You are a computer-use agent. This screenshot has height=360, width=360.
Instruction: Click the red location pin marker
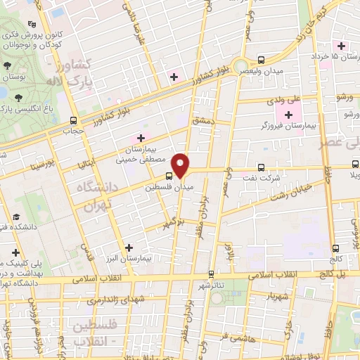coord(181,165)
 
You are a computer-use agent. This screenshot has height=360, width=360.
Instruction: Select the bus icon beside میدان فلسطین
coord(169,176)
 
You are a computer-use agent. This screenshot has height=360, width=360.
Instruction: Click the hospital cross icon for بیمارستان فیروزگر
coord(288,113)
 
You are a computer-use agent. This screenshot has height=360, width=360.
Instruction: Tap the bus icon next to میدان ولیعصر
coord(262,60)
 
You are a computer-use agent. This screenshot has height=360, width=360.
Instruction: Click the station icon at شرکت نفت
coord(262,167)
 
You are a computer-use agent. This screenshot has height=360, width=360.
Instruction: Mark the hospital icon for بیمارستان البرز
coord(128,247)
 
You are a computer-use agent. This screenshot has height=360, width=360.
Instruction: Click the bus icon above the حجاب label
coord(74,120)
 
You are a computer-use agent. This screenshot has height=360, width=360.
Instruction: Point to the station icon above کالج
coord(335,247)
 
